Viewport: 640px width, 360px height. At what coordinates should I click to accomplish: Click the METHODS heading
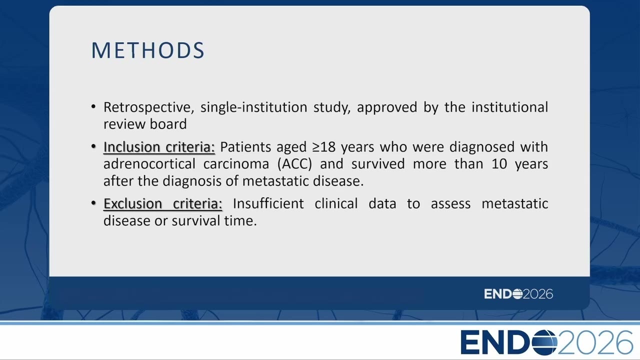[x=147, y=50]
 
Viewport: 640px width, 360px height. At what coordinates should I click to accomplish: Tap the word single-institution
[x=253, y=107]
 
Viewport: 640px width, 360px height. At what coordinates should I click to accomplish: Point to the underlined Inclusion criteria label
[x=159, y=147]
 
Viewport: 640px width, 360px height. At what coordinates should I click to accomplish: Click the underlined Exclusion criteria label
[x=163, y=203]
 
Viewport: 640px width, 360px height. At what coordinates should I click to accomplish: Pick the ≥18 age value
[x=323, y=147]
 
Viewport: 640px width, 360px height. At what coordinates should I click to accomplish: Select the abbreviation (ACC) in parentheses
[x=294, y=164]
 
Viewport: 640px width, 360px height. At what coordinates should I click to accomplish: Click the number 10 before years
[x=499, y=164]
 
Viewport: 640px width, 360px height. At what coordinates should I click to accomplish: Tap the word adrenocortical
[x=149, y=164]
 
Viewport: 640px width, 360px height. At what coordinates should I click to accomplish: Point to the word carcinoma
[x=236, y=164]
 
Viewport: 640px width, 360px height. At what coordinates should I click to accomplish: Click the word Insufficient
[x=268, y=203]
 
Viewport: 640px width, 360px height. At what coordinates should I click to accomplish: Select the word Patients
[x=245, y=147]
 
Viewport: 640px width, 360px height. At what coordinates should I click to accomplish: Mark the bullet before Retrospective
[x=93, y=107]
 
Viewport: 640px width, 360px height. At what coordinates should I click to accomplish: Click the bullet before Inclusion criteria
[x=93, y=146]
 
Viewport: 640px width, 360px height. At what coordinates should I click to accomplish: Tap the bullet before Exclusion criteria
[x=93, y=203]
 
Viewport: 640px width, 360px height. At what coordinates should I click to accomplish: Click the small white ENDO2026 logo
[x=518, y=294]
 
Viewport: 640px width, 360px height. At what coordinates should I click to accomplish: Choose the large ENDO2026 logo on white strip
[x=547, y=342]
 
